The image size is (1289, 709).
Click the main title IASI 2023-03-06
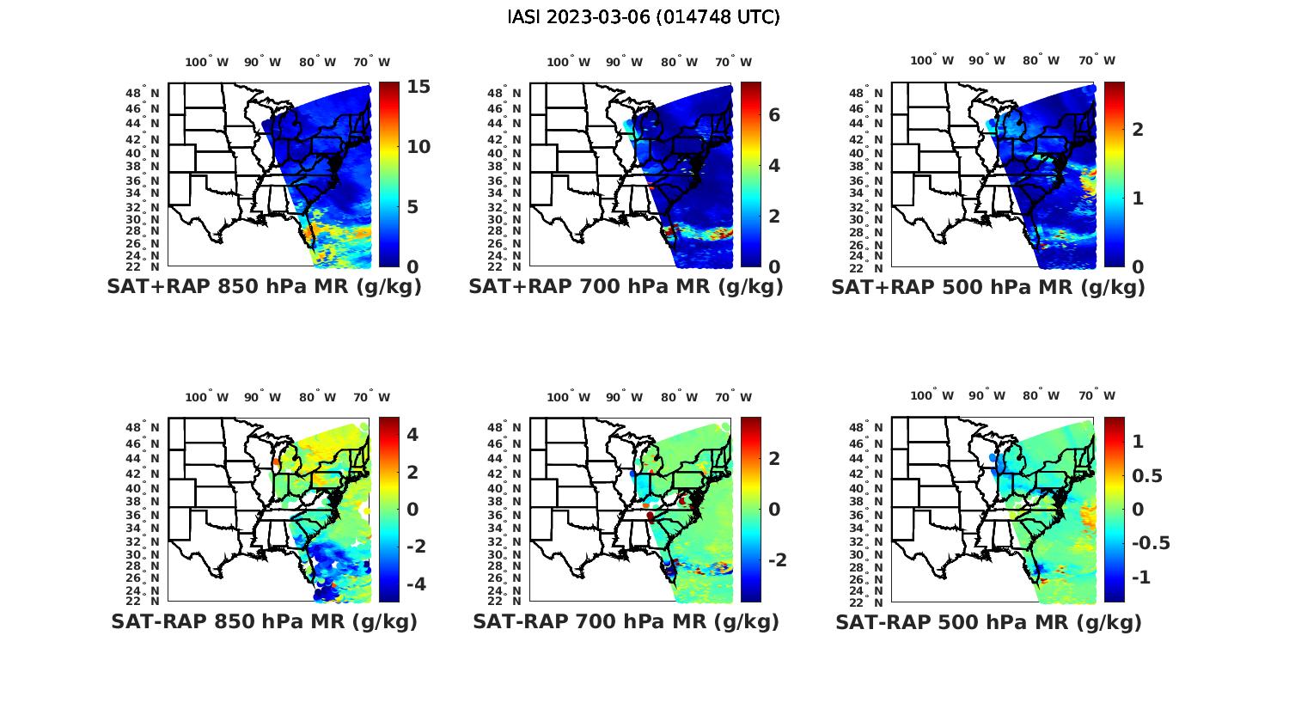point(644,17)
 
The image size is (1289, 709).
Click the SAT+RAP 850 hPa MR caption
point(264,287)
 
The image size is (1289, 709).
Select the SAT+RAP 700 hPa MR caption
point(626,287)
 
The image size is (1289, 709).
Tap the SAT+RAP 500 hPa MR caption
point(988,287)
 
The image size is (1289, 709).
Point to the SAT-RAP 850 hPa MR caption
point(264,621)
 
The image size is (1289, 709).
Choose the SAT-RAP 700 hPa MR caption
point(626,621)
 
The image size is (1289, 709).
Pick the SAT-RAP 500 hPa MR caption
point(988,621)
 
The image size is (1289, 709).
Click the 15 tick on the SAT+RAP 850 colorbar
point(418,87)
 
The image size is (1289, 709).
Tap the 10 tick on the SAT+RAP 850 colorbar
point(418,147)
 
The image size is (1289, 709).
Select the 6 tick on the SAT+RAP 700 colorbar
point(774,114)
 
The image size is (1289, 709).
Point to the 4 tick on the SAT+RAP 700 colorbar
point(774,165)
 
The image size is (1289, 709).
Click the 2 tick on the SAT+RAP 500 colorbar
point(1138,129)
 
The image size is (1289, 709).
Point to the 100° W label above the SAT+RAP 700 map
point(568,62)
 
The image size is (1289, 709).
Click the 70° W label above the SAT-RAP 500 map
point(1097,396)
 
